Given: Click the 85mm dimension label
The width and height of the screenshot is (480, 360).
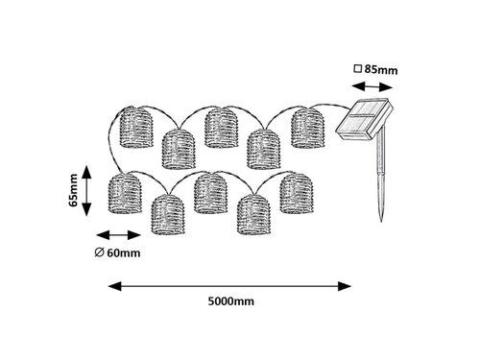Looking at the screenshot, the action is tap(381, 69).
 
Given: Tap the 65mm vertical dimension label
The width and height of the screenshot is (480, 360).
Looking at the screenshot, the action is tap(73, 190).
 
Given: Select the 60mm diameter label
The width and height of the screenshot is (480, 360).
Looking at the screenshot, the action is tap(124, 252).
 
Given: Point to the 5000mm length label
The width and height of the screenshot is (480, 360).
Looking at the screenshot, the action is tap(231, 301).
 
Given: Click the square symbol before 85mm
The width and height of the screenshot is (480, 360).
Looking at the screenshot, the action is tap(357, 69).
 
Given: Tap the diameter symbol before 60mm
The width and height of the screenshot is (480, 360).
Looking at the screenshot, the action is tap(99, 252).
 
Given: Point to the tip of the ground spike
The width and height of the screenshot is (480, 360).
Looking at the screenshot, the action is tap(381, 221).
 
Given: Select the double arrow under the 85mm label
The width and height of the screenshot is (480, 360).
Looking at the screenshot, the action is tap(372, 86).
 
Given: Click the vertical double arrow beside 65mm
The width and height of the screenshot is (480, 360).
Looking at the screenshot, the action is tap(86, 191).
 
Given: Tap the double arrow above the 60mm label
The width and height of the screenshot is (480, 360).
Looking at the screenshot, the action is tap(118, 235).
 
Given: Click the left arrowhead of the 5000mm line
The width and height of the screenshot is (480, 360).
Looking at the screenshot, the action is tap(114, 286).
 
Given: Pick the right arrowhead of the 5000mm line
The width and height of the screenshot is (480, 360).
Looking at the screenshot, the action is tap(345, 286).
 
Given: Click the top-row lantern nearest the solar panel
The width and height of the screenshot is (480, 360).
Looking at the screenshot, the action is tap(308, 128).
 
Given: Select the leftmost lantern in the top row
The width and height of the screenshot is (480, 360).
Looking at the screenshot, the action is tap(136, 128).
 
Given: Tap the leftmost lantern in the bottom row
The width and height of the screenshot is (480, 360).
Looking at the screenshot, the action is tap(125, 193).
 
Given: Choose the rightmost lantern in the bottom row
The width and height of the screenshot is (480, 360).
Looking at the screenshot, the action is tap(297, 193).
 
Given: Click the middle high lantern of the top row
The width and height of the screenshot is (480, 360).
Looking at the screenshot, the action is tap(221, 128).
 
